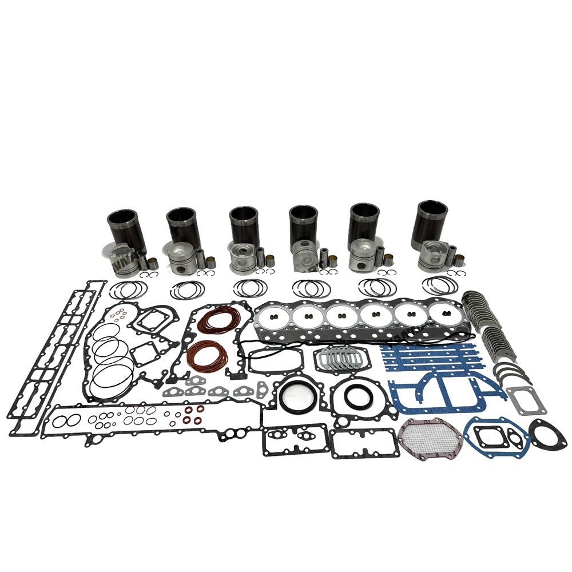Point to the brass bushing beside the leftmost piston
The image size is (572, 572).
[x=153, y=264]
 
